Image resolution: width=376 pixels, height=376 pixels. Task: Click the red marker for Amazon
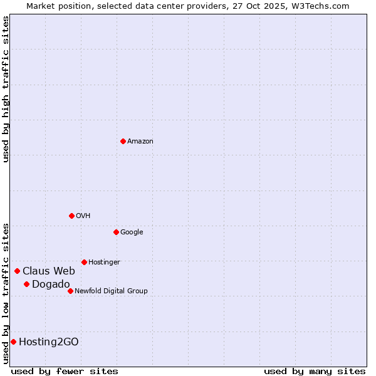(123, 141)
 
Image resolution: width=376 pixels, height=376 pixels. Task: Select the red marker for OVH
(71, 216)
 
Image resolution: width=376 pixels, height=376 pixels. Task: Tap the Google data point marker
(116, 232)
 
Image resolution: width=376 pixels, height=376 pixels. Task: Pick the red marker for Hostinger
(84, 262)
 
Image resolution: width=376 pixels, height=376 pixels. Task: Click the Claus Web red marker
(17, 271)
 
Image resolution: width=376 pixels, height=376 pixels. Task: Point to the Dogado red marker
(26, 284)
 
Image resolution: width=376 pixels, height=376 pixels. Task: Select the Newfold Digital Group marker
(70, 291)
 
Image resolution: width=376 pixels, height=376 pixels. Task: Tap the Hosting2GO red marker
(13, 342)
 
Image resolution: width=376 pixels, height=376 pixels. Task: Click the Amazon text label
(140, 141)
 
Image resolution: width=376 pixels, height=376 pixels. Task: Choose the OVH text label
(83, 216)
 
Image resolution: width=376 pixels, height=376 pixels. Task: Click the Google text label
(132, 232)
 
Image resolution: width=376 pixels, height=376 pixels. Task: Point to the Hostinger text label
(104, 262)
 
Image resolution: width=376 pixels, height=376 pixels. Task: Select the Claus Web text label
(49, 271)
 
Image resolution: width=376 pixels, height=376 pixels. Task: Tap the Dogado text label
(51, 284)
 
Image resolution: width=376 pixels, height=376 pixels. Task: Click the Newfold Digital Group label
(111, 291)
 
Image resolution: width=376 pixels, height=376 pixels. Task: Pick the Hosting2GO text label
(49, 342)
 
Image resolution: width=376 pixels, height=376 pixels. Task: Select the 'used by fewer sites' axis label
(65, 371)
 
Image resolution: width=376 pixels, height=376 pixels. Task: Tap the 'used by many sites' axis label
(315, 371)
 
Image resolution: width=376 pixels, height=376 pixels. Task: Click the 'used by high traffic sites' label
(6, 89)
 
